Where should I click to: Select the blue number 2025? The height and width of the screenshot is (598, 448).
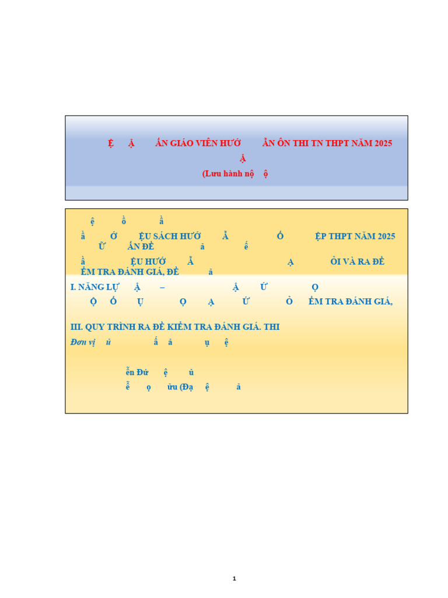383,237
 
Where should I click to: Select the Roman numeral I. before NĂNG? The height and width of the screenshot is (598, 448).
73,287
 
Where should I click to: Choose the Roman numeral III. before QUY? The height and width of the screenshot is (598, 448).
76,327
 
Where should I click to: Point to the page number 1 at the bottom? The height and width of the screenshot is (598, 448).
234,579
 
